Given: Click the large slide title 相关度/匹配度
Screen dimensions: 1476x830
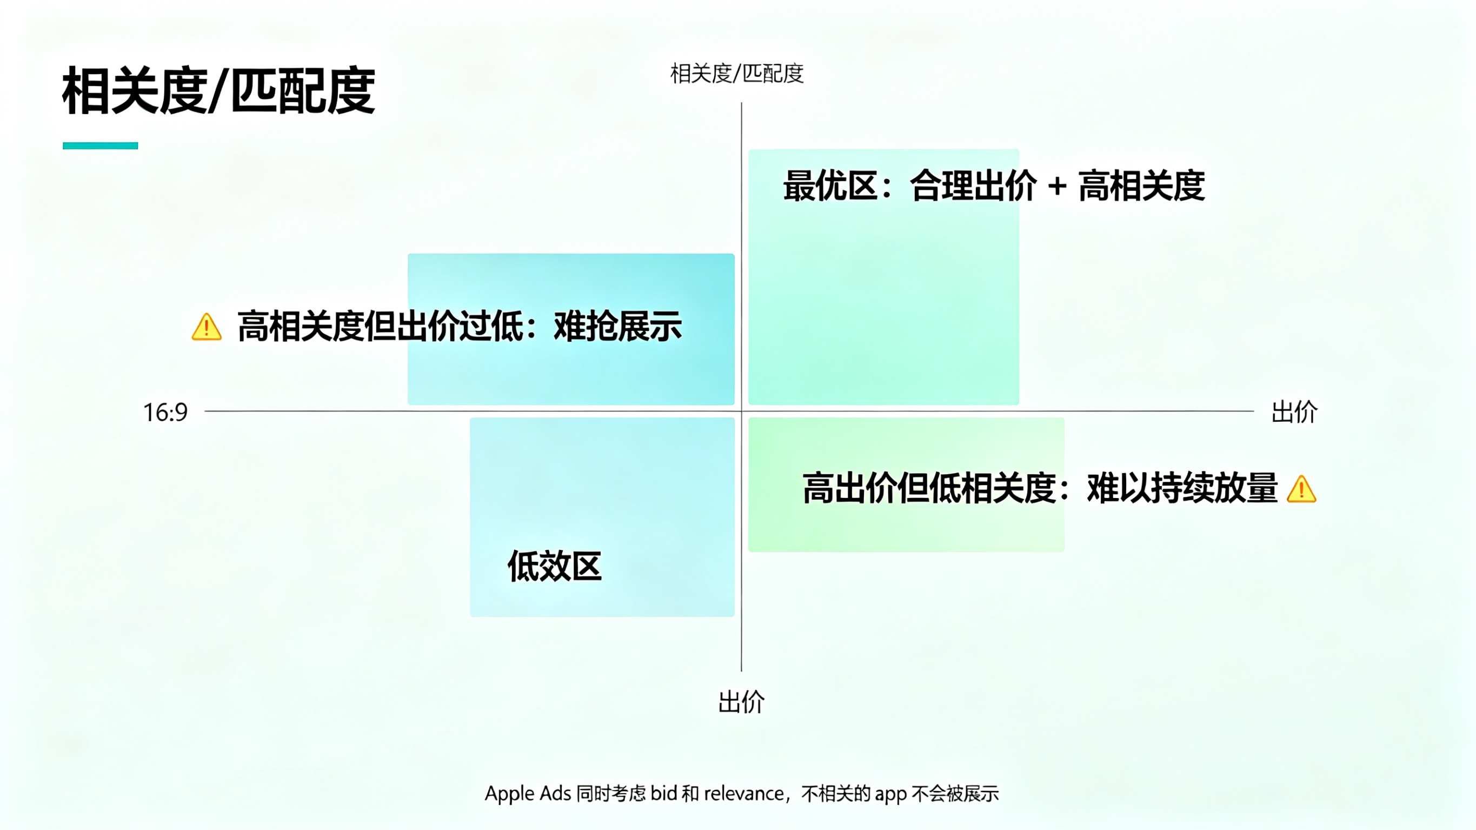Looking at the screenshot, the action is pyautogui.click(x=218, y=90).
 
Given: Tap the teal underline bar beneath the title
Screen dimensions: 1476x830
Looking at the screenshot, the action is pyautogui.click(x=100, y=145).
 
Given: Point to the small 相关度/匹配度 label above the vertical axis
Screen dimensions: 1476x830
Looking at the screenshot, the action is pyautogui.click(x=737, y=74).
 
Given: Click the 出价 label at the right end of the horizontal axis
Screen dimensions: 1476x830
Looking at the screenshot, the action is pyautogui.click(x=1294, y=411).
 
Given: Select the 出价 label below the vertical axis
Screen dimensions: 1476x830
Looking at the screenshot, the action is pyautogui.click(x=741, y=702).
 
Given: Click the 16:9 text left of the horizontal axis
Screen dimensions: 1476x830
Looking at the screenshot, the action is pyautogui.click(x=165, y=412).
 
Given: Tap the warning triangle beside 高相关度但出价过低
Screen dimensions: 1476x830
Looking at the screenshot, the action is pyautogui.click(x=207, y=327).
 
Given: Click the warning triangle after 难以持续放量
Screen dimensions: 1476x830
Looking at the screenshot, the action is pyautogui.click(x=1301, y=489).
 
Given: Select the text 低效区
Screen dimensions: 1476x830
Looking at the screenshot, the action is pyautogui.click(x=555, y=566).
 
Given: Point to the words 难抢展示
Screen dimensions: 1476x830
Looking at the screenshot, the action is pyautogui.click(x=617, y=326).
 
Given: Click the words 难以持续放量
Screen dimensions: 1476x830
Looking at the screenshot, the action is pyautogui.click(x=1182, y=488).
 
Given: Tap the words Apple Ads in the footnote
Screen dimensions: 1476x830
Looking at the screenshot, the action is pyautogui.click(x=528, y=793).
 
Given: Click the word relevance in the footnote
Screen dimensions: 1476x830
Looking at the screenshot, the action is pyautogui.click(x=744, y=793).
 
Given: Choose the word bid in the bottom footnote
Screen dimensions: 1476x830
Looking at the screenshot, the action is pyautogui.click(x=663, y=793).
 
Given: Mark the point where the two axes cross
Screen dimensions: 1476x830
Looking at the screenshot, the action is pyautogui.click(x=741, y=411).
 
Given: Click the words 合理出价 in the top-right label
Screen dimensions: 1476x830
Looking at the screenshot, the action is pyautogui.click(x=973, y=185).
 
